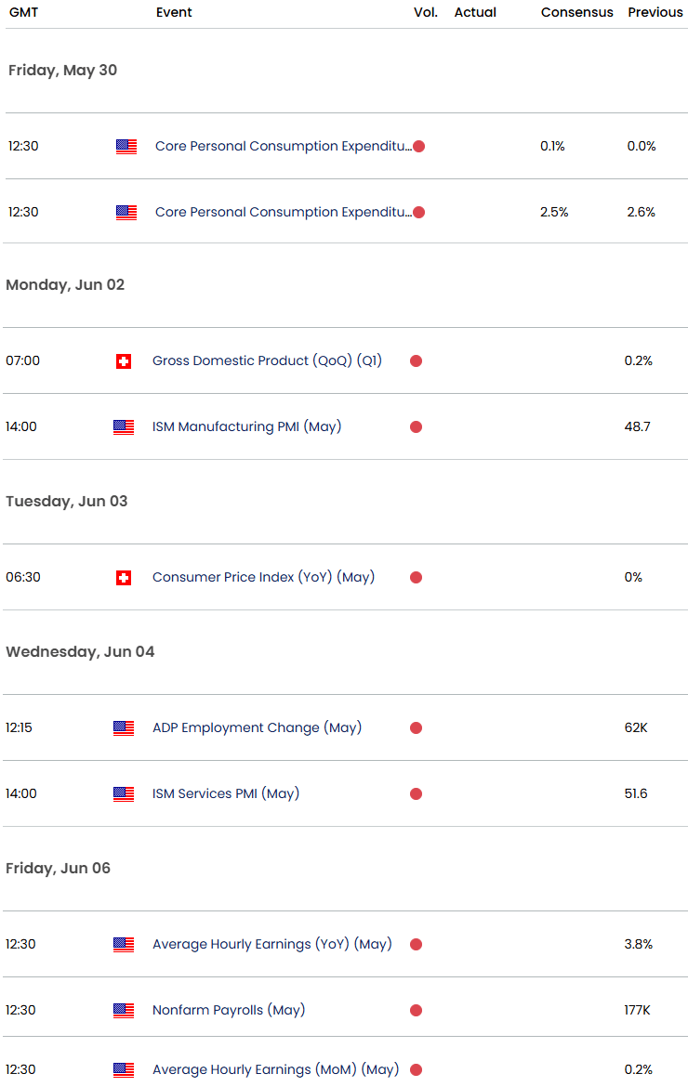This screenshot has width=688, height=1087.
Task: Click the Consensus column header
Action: pos(576,12)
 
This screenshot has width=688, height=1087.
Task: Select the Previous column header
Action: pos(655,12)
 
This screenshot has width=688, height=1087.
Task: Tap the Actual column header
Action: pos(475,12)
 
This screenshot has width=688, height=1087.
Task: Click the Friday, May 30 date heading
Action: pos(62,70)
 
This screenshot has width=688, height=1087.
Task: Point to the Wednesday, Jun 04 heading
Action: pos(80,651)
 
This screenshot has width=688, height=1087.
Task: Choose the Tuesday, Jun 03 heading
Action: pos(67,501)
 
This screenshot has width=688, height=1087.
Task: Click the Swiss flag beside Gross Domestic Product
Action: pos(123,361)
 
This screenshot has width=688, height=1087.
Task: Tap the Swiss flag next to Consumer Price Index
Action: pos(123,578)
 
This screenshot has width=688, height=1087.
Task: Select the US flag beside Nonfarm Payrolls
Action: pos(123,1011)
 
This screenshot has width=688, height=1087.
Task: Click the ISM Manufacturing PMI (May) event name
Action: pos(246,426)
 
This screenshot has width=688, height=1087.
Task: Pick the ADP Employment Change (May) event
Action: pos(257,727)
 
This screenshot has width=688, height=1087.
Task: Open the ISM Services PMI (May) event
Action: pos(226,793)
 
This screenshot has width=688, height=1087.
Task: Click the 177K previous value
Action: pos(636,1010)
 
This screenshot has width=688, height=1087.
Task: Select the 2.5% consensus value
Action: pos(555,212)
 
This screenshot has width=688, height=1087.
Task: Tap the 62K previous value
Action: pos(636,727)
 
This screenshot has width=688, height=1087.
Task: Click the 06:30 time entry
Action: pos(22,577)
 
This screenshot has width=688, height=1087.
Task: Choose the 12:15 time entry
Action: pos(20,727)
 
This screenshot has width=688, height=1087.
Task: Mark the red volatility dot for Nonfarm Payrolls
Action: pos(416,1011)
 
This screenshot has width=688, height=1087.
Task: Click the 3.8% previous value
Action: pos(639,944)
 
